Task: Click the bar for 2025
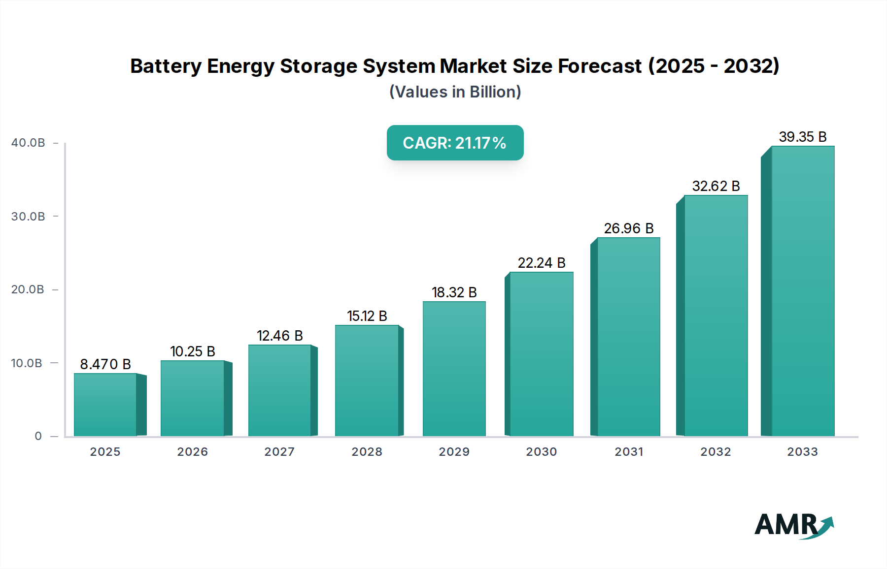point(105,405)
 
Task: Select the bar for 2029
point(454,369)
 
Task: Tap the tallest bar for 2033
point(803,291)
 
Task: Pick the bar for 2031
point(628,337)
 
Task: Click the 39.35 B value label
point(802,137)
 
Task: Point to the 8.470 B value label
point(105,364)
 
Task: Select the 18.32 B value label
point(454,292)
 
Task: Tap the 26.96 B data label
point(628,228)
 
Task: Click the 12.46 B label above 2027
point(279,336)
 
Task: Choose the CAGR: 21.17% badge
point(455,143)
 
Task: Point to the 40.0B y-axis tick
point(28,143)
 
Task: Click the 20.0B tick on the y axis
point(28,289)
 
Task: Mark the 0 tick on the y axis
point(38,436)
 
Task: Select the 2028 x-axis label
point(367,452)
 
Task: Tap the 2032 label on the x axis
point(716,452)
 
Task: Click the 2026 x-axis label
point(192,452)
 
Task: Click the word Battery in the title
point(166,66)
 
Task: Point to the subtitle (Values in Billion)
point(455,92)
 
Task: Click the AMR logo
point(793,525)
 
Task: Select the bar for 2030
point(541,354)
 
